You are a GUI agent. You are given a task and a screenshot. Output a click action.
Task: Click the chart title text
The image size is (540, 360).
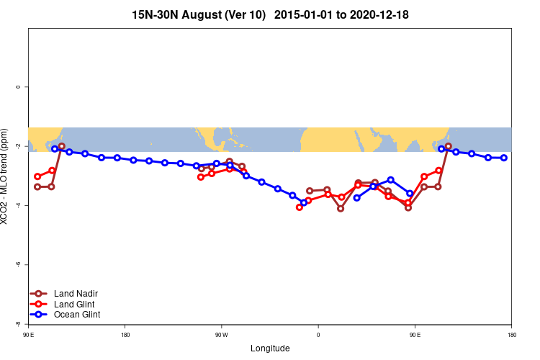pyautogui.click(x=270, y=14)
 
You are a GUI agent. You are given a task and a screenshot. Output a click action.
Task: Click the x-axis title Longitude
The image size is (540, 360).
pyautogui.click(x=270, y=348)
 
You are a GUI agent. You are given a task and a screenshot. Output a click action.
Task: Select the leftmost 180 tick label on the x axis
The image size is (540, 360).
pyautogui.click(x=125, y=335)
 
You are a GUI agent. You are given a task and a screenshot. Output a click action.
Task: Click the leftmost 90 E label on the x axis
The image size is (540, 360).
pyautogui.click(x=28, y=335)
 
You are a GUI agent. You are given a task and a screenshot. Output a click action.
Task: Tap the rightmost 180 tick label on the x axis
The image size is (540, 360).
pyautogui.click(x=511, y=335)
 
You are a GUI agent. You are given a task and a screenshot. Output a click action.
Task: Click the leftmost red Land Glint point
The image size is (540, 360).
pyautogui.click(x=37, y=176)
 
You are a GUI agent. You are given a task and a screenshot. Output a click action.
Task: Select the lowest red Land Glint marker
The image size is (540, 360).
pyautogui.click(x=300, y=207)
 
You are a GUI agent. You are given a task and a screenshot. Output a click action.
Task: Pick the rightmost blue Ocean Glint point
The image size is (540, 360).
pyautogui.click(x=504, y=158)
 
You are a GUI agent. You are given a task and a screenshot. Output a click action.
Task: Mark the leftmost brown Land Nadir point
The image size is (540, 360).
pyautogui.click(x=37, y=187)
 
